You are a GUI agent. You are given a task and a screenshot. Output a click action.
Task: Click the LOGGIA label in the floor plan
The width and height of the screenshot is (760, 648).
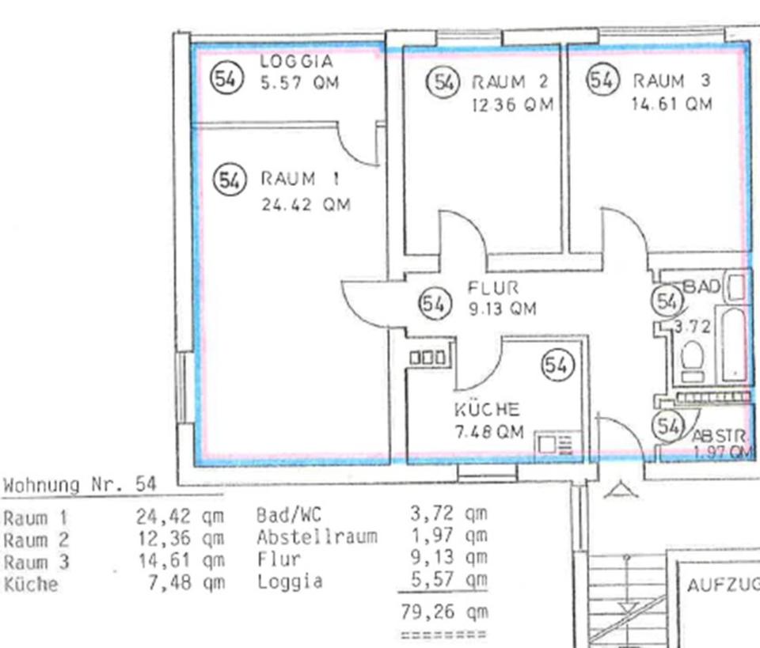(x=297, y=61)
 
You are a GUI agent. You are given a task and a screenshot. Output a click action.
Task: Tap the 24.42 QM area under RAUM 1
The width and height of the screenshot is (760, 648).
(x=306, y=204)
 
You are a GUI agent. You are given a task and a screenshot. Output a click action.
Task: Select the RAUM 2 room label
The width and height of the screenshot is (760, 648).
(x=511, y=81)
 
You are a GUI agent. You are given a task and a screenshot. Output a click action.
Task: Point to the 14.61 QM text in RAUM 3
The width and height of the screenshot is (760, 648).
(x=672, y=104)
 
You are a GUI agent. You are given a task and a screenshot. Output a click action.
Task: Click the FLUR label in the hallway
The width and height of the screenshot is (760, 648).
(x=493, y=288)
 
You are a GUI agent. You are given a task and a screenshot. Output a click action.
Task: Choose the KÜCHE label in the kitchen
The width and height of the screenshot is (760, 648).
(x=487, y=410)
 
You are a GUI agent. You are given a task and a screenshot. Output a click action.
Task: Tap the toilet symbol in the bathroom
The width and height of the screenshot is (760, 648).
(x=693, y=361)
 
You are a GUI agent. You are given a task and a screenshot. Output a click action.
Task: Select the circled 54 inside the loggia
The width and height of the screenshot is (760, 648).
(x=226, y=78)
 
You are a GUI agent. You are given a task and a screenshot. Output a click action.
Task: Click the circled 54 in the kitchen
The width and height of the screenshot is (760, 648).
(x=557, y=365)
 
